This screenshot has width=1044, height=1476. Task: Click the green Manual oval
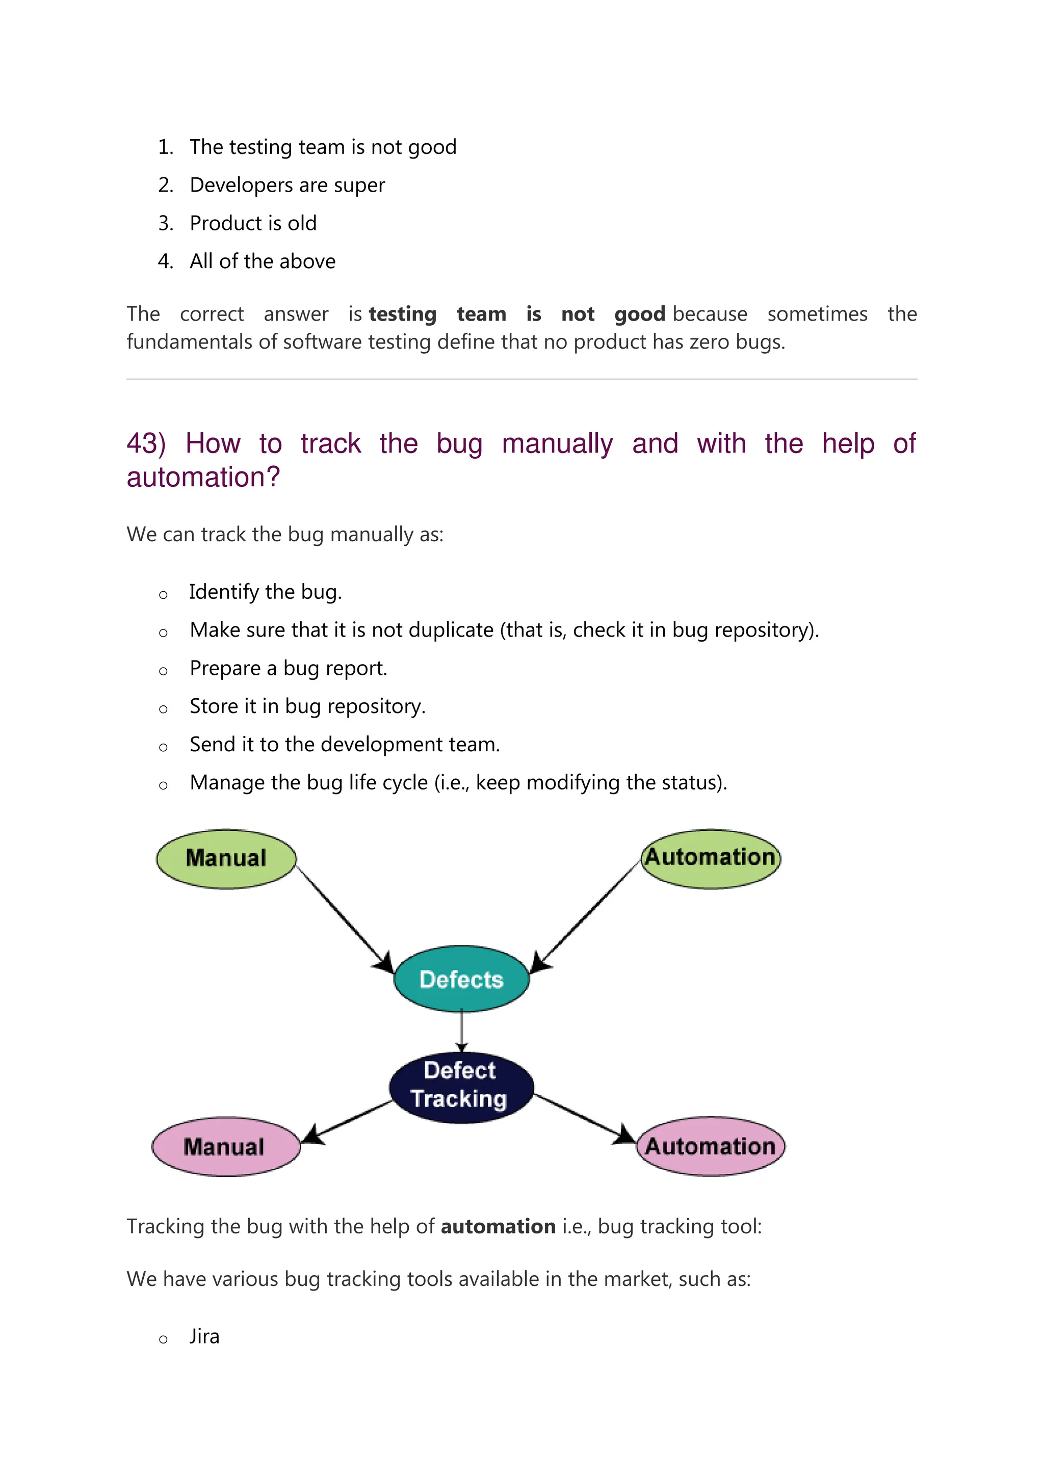tap(226, 859)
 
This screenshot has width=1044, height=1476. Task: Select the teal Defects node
tap(461, 979)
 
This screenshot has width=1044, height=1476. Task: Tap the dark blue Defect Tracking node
tap(461, 1087)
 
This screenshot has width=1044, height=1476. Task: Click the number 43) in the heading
tap(146, 443)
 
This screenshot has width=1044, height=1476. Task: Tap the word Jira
tap(204, 1336)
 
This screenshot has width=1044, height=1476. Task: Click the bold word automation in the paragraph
tap(498, 1227)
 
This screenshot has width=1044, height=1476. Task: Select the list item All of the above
tap(263, 261)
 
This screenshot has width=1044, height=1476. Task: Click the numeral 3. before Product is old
tap(166, 223)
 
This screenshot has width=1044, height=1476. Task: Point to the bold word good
tap(639, 314)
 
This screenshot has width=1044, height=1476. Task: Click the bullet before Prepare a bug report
tap(163, 671)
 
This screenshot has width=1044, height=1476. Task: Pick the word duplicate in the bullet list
tap(451, 630)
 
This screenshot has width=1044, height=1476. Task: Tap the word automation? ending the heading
tap(203, 478)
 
